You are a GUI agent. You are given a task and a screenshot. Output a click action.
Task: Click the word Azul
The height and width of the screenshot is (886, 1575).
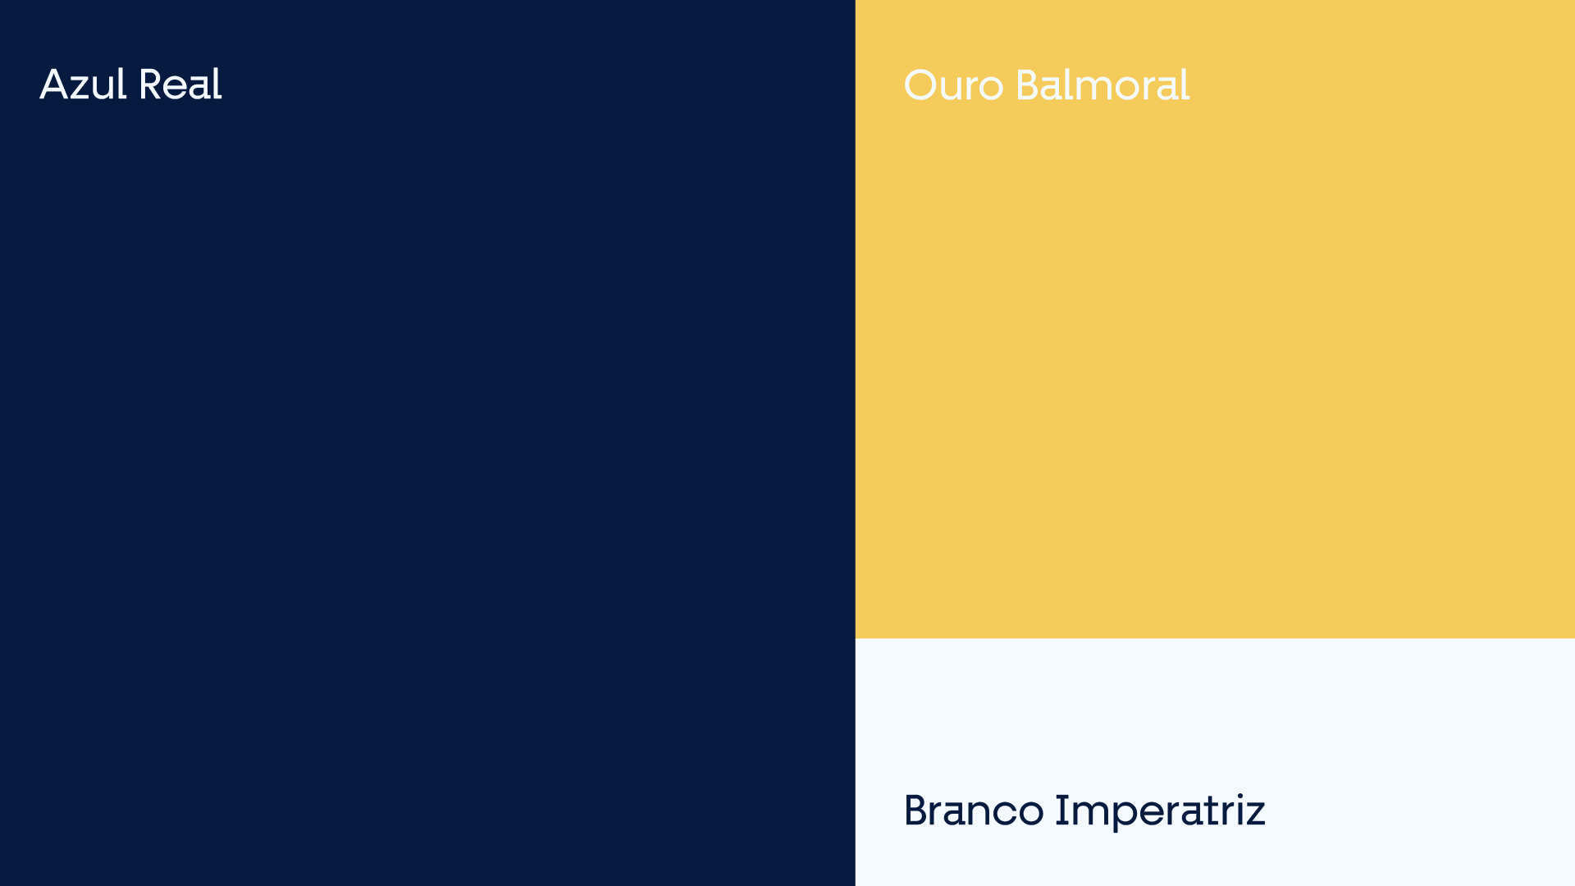(x=83, y=84)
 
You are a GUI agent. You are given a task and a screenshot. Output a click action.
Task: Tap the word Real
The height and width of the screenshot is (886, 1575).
(x=180, y=84)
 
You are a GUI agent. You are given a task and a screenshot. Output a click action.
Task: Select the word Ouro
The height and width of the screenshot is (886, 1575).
(x=953, y=85)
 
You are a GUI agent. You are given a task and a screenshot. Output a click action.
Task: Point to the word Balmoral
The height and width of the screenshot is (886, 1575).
(x=1102, y=85)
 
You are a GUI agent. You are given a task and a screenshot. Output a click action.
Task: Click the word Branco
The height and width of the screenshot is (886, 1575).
(x=974, y=811)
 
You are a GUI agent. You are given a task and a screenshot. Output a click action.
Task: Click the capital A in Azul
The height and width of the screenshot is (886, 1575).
(x=54, y=84)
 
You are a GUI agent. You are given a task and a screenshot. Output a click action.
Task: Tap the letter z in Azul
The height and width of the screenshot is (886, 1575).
(x=82, y=89)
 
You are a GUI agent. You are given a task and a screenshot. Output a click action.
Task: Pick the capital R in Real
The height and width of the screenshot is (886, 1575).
(x=152, y=84)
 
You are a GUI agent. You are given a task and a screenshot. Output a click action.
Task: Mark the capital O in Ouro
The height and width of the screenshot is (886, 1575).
(x=920, y=85)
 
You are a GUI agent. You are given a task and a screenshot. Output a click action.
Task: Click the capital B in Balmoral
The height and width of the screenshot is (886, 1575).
(x=1029, y=85)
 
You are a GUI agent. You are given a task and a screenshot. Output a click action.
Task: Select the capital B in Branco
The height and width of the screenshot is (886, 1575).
(x=917, y=811)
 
